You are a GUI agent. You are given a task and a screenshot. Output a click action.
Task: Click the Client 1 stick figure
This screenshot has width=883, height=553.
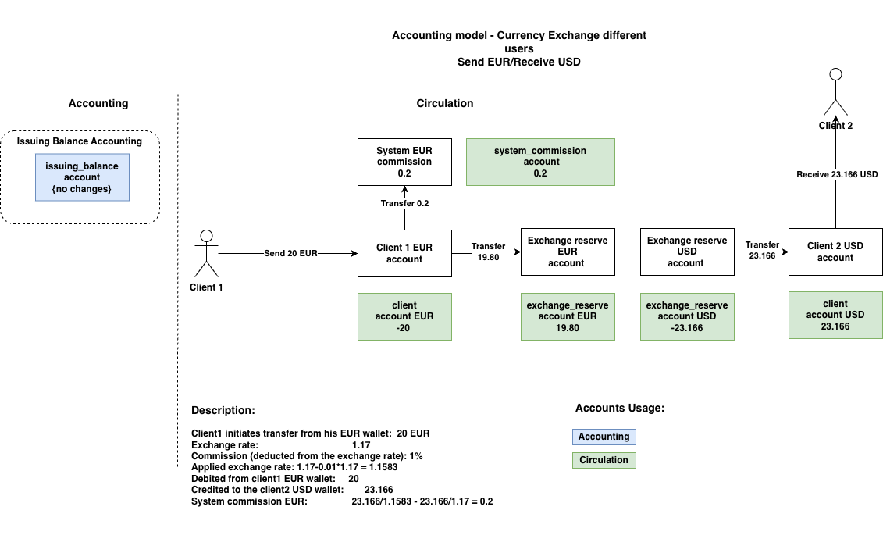click(206, 253)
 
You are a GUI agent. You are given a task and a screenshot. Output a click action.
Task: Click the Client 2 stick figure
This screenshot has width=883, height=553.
click(835, 93)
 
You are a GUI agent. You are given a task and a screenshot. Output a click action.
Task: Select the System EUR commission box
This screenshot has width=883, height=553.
click(404, 162)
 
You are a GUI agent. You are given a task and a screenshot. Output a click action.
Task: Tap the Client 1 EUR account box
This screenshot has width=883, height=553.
click(404, 253)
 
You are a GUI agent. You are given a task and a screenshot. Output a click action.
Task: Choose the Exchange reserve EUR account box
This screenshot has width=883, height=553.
click(568, 252)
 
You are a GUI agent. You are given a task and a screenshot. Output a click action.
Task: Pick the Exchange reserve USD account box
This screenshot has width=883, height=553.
click(687, 252)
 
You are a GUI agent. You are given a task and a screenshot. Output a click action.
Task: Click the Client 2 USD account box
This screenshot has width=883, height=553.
click(835, 252)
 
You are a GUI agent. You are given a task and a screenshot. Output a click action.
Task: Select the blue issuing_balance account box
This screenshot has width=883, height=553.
click(82, 177)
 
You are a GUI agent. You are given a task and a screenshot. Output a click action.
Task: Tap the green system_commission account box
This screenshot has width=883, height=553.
click(540, 162)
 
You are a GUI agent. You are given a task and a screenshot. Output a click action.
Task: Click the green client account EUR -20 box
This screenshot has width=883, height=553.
click(404, 316)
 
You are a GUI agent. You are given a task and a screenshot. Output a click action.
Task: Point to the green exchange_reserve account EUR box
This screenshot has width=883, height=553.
click(568, 316)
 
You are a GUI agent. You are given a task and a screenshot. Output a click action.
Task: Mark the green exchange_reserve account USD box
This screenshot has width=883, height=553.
click(687, 316)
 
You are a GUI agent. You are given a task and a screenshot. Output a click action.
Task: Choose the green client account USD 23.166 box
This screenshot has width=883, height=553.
click(835, 315)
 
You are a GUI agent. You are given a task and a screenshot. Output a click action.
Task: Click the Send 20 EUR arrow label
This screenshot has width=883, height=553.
click(290, 254)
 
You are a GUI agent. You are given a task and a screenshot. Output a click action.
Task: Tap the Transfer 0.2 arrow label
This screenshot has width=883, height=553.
click(404, 203)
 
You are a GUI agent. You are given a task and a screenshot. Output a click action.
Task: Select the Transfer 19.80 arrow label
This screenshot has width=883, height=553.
click(488, 252)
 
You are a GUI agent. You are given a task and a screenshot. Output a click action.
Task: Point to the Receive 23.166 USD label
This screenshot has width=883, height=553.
click(837, 175)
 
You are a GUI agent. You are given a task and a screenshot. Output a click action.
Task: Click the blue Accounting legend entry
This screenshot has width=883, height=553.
click(604, 437)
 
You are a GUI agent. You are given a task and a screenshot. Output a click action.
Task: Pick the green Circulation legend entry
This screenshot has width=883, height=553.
click(604, 460)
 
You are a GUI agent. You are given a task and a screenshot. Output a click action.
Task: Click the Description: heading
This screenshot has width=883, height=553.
click(223, 410)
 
